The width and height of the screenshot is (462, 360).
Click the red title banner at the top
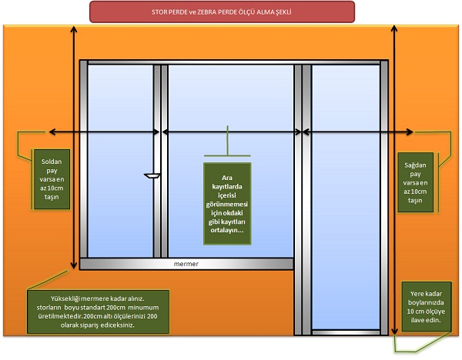(222, 12)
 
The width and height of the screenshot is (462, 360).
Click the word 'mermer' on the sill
(186, 265)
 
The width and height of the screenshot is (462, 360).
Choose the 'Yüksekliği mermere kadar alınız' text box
(96, 311)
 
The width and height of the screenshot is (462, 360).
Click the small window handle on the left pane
(151, 176)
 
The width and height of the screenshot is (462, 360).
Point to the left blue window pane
(120, 162)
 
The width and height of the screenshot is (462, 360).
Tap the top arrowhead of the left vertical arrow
(73, 29)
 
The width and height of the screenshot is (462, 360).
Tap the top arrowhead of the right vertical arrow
(397, 29)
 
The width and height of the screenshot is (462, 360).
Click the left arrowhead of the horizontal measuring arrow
(52, 133)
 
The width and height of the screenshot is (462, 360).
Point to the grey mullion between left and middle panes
(160, 162)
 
